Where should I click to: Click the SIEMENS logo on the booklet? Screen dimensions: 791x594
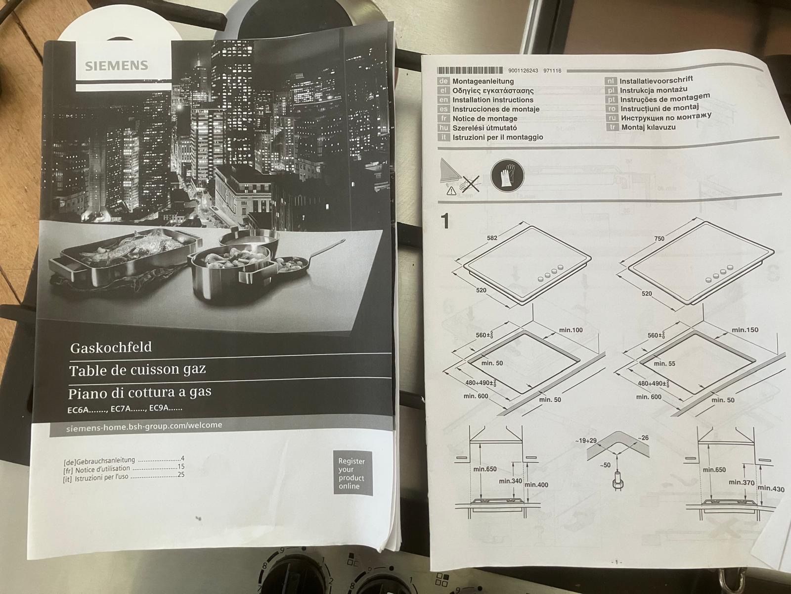pos(116,66)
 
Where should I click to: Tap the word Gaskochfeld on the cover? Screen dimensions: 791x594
pos(111,347)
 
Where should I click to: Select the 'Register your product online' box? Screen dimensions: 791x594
pos(353,473)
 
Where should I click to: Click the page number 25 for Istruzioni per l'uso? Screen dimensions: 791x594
pos(181,475)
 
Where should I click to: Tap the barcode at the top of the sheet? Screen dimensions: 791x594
pos(470,70)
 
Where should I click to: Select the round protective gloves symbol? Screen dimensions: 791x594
pos(507,176)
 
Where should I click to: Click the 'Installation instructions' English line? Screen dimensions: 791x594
pos(492,100)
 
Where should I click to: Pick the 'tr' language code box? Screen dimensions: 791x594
pos(612,127)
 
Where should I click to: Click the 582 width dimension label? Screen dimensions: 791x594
pos(492,238)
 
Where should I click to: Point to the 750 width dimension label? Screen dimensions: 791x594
pos(659,239)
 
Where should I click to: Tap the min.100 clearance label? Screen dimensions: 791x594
pos(571,330)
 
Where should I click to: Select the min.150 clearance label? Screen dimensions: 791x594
pos(745,330)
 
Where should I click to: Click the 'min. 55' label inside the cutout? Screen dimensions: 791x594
pos(664,363)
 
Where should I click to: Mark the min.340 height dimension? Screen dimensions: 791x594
pos(510,481)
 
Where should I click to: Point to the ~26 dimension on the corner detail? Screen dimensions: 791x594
pos(643,438)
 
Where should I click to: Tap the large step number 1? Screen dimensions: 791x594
pos(445,221)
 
